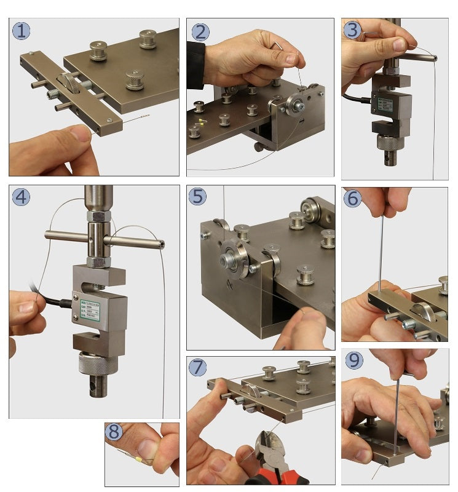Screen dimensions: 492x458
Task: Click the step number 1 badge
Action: [x=21, y=31]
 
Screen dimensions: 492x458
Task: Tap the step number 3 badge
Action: [x=352, y=29]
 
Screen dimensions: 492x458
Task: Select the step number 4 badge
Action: [x=21, y=197]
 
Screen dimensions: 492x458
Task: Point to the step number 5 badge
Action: [x=199, y=197]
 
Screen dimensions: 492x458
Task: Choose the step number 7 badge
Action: [x=199, y=367]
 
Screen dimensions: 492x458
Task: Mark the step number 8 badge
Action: [x=114, y=432]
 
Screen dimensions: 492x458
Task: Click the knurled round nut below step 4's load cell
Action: [x=97, y=364]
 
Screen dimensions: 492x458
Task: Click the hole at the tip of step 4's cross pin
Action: [x=161, y=244]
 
